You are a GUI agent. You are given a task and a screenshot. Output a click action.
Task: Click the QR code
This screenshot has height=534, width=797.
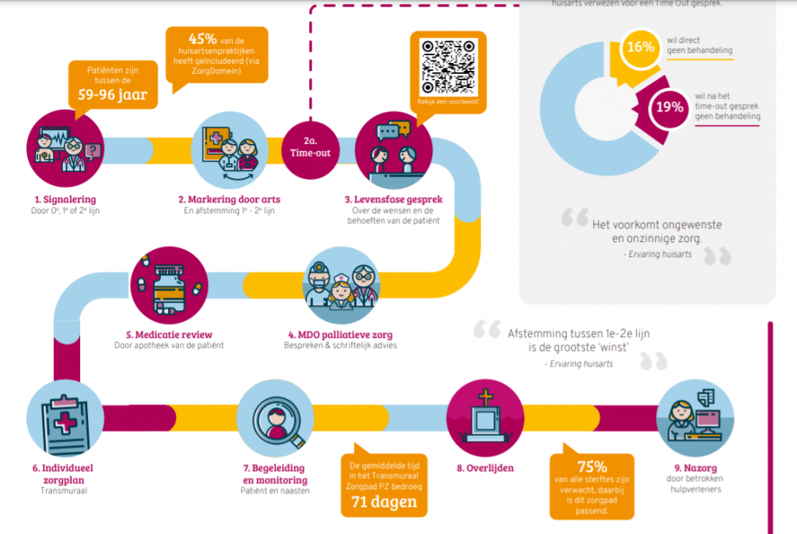coord(448,65)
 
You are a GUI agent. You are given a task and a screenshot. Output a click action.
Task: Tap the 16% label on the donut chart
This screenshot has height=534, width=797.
coord(640,47)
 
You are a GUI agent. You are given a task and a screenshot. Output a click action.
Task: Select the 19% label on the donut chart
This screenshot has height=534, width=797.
coord(669,107)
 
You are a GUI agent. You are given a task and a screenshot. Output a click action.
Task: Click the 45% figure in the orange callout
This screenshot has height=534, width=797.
coord(202,38)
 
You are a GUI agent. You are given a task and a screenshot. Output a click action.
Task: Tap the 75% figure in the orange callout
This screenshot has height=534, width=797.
coord(592,466)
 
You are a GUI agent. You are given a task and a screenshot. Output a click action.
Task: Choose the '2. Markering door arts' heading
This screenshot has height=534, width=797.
coord(225,199)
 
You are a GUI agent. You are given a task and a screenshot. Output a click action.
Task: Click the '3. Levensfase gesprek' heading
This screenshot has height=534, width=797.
coord(394,199)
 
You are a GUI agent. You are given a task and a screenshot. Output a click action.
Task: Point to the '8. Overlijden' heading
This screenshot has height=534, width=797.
coord(486,468)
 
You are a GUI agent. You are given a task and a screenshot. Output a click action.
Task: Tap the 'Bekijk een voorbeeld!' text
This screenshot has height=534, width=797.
coord(448,102)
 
